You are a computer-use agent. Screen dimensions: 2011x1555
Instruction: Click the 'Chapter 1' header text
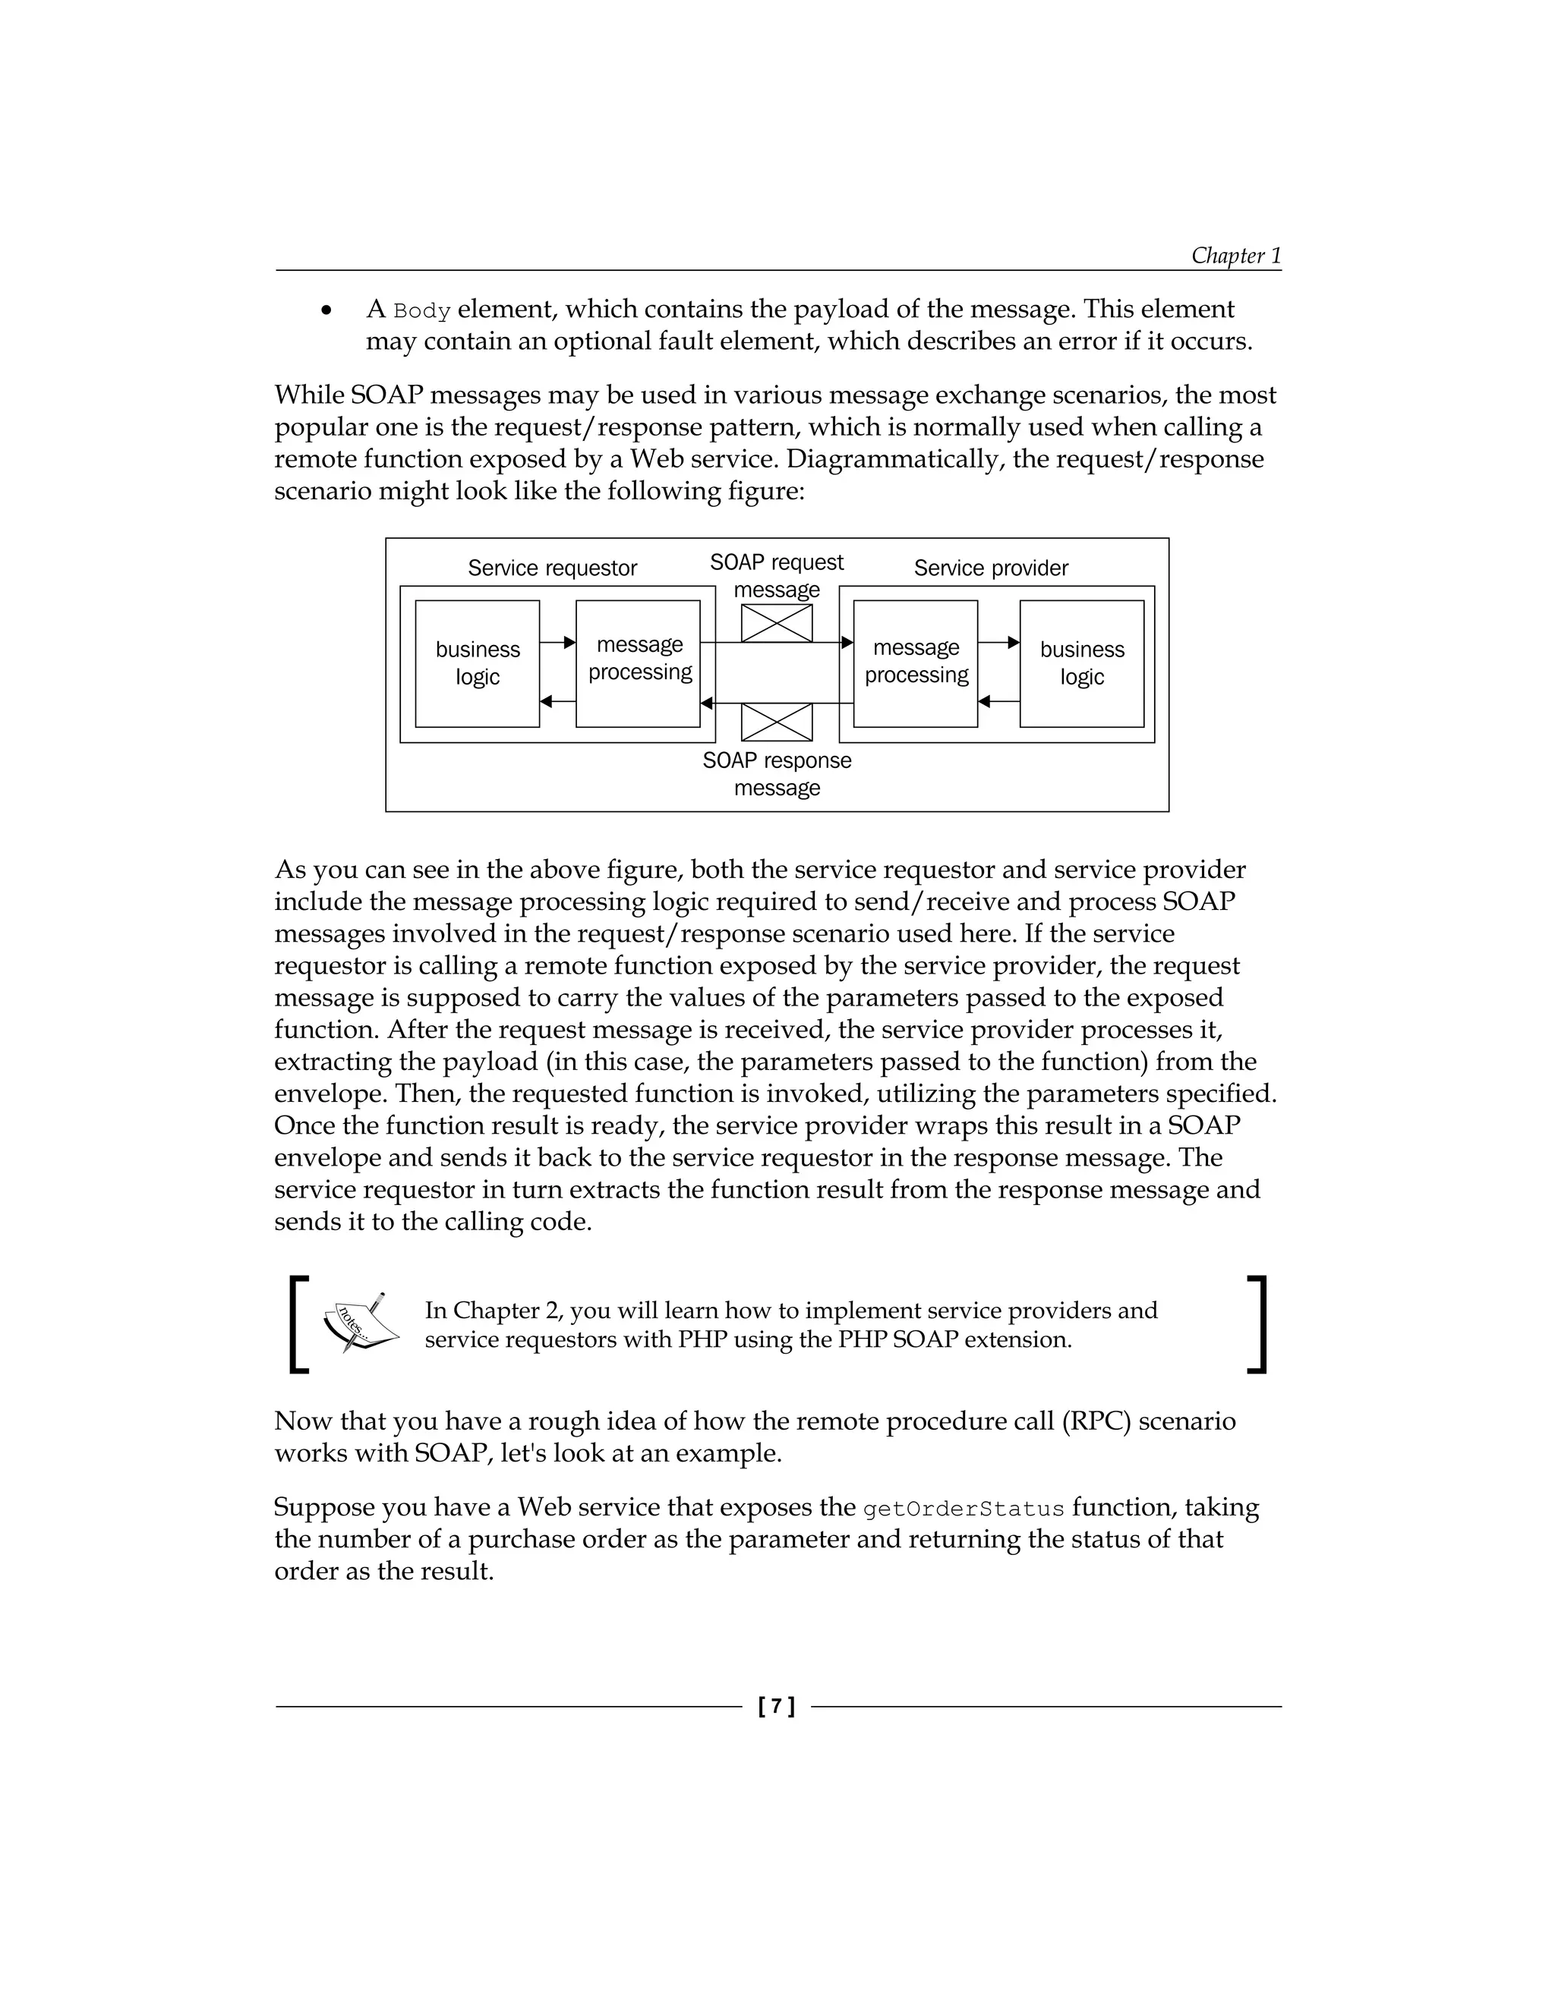point(1235,255)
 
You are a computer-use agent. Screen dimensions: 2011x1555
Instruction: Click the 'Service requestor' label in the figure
point(552,568)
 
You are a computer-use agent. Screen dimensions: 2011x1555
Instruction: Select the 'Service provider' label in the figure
point(990,568)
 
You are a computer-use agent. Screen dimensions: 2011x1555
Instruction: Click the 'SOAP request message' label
point(777,575)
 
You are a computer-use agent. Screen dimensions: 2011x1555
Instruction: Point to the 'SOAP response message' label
point(777,773)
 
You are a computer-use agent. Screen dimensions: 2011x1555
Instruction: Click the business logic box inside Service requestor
point(477,663)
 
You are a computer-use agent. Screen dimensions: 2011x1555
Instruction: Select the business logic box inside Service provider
point(1081,663)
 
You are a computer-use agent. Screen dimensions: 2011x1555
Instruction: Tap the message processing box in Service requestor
point(639,663)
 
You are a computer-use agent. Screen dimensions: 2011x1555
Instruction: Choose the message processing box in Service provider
point(916,663)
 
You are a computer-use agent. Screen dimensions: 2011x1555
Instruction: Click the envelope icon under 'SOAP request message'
point(777,623)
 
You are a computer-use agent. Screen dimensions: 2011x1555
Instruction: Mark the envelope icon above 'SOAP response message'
point(777,722)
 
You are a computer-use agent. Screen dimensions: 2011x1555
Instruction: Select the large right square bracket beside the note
point(1257,1324)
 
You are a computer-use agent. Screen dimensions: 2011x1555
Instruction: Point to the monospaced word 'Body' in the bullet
point(422,311)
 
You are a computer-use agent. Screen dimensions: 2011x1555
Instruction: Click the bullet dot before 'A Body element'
point(326,311)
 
